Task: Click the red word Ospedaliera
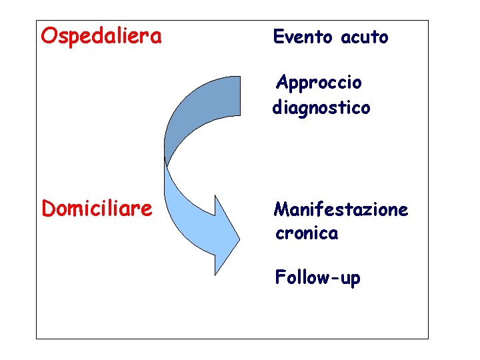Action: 101,35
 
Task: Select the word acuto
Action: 364,38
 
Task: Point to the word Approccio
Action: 319,84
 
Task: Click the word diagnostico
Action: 321,107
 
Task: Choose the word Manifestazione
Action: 341,210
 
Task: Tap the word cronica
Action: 307,233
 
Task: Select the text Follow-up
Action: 317,277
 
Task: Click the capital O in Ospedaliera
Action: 49,35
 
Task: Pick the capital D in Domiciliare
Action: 49,209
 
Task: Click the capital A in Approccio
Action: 282,83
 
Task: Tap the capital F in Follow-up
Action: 280,277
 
